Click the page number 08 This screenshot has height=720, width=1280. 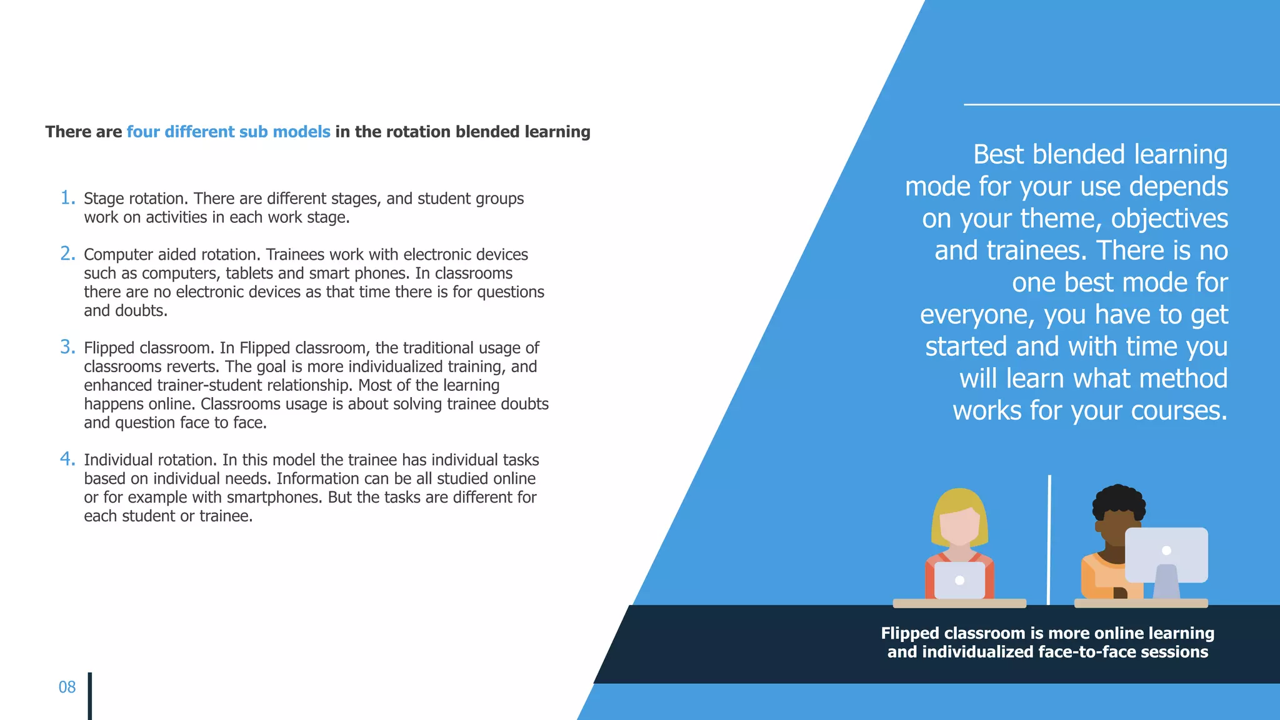coord(67,687)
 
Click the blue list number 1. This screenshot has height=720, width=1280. coord(67,198)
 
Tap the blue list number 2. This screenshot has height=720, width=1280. coord(67,254)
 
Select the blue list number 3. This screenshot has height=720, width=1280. coord(67,347)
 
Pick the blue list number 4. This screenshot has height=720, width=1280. coord(67,459)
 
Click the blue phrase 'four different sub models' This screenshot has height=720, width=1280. coord(228,132)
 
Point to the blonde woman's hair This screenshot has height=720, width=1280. coord(959,503)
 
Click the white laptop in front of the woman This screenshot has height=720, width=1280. coord(959,580)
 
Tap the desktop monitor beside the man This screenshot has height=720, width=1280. coord(1166,555)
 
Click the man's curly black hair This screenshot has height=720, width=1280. coord(1118,500)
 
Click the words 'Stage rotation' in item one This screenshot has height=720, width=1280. coord(135,199)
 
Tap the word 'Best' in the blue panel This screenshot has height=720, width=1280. coord(999,154)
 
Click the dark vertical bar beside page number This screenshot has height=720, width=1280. coord(90,696)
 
